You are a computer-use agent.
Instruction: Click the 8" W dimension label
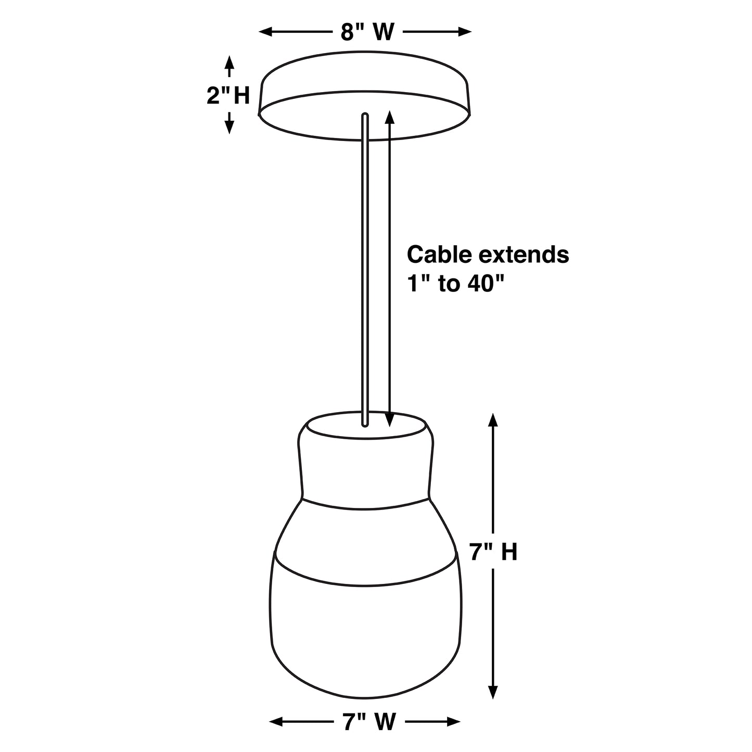pos(367,32)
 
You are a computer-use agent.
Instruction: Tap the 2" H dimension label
pos(228,95)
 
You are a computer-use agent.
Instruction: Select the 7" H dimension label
pos(493,552)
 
